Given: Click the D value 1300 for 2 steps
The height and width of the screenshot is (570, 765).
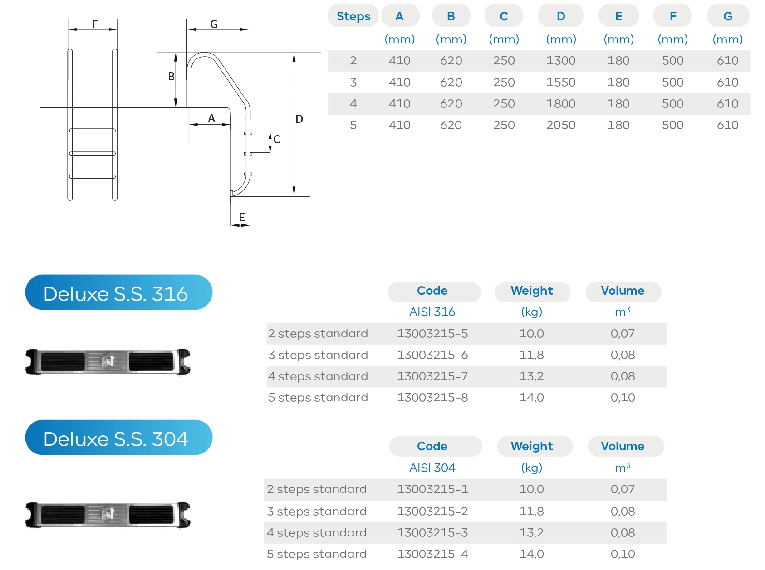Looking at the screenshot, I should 561,61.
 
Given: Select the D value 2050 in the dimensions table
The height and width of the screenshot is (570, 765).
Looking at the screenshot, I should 561,125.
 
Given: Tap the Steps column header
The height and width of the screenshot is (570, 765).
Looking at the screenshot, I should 353,16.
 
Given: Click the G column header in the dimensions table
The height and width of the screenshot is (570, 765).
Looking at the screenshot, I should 727,16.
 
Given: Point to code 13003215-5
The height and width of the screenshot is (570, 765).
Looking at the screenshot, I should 432,334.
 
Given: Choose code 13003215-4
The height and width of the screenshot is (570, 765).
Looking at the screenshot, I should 432,554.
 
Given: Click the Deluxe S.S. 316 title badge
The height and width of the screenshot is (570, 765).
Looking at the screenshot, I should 118,293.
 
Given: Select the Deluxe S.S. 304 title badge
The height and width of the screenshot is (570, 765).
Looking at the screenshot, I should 118,438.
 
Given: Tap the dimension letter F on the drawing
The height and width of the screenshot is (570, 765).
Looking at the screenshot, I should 95,24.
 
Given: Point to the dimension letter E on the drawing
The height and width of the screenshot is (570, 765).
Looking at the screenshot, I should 242,218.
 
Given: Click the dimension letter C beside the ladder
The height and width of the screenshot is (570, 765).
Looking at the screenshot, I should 277,140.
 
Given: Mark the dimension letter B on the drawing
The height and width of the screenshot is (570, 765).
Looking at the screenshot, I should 171,77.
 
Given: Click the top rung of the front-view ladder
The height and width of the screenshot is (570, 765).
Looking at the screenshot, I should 93,131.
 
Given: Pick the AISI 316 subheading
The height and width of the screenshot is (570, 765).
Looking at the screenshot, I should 432,312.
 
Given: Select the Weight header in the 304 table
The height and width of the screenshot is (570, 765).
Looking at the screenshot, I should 531,446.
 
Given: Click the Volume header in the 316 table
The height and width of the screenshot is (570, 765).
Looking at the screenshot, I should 623,291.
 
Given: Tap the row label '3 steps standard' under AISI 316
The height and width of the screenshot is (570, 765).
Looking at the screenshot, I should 318,355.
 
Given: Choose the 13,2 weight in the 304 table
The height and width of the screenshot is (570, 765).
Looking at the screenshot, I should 531,533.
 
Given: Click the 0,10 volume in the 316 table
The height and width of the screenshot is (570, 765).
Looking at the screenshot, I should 623,398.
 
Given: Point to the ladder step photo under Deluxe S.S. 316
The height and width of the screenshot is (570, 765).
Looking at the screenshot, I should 108,362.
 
